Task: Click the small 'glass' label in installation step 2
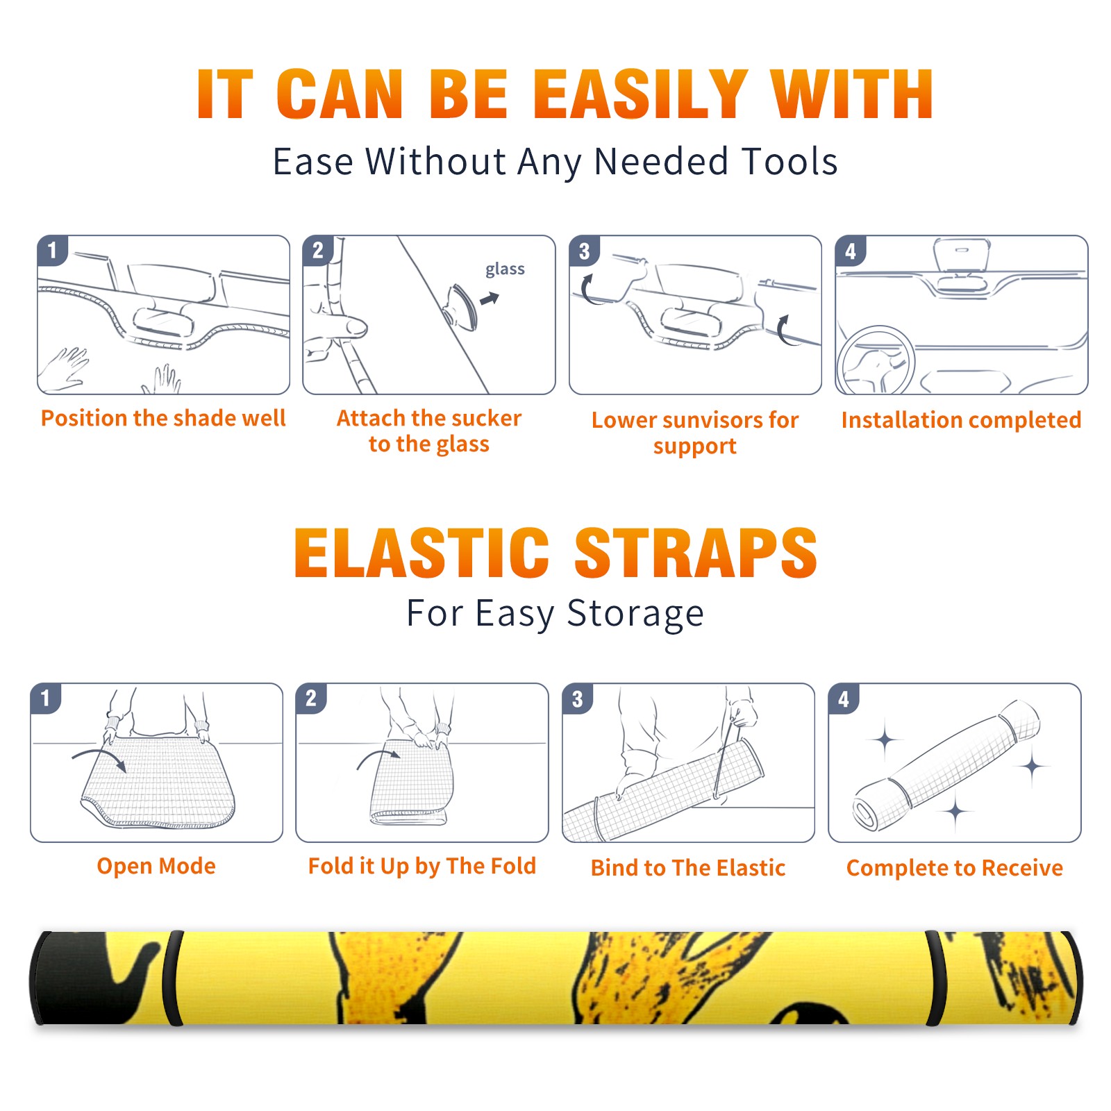pos(505,269)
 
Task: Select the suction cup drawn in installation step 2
pos(462,306)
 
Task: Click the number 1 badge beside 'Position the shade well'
pos(52,250)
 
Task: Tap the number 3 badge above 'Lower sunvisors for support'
pos(584,250)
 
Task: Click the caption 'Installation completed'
pos(961,420)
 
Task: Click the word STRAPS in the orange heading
pos(696,553)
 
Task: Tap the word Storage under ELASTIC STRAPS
pos(635,614)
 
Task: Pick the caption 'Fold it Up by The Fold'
pos(422,867)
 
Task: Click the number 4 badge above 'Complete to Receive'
pos(844,699)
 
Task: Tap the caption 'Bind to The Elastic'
pos(687,868)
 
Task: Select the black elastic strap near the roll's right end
pos(935,978)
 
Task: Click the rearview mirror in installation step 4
pos(961,256)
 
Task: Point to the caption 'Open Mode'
pos(156,867)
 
